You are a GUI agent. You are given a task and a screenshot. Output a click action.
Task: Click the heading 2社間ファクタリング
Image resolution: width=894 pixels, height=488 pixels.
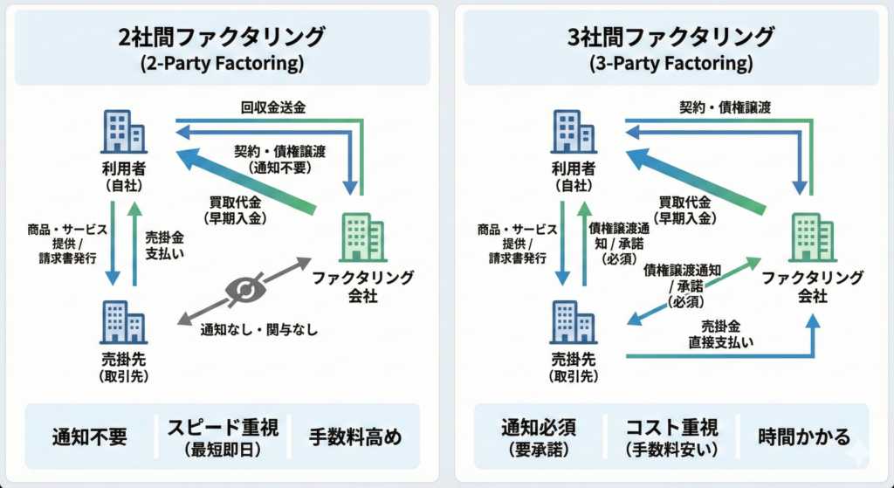(222, 38)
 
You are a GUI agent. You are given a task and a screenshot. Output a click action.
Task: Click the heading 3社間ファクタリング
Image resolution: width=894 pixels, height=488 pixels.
(670, 38)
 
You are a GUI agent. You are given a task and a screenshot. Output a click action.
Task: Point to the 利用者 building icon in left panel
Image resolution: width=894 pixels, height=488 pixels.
(123, 132)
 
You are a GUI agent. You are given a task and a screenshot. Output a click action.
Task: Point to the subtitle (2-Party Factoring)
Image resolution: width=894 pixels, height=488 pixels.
(222, 64)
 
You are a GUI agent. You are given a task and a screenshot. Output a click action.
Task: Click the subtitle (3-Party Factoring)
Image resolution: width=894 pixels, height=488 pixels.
(670, 64)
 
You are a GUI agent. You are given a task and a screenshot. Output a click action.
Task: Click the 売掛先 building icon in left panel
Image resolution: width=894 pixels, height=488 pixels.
(123, 321)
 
